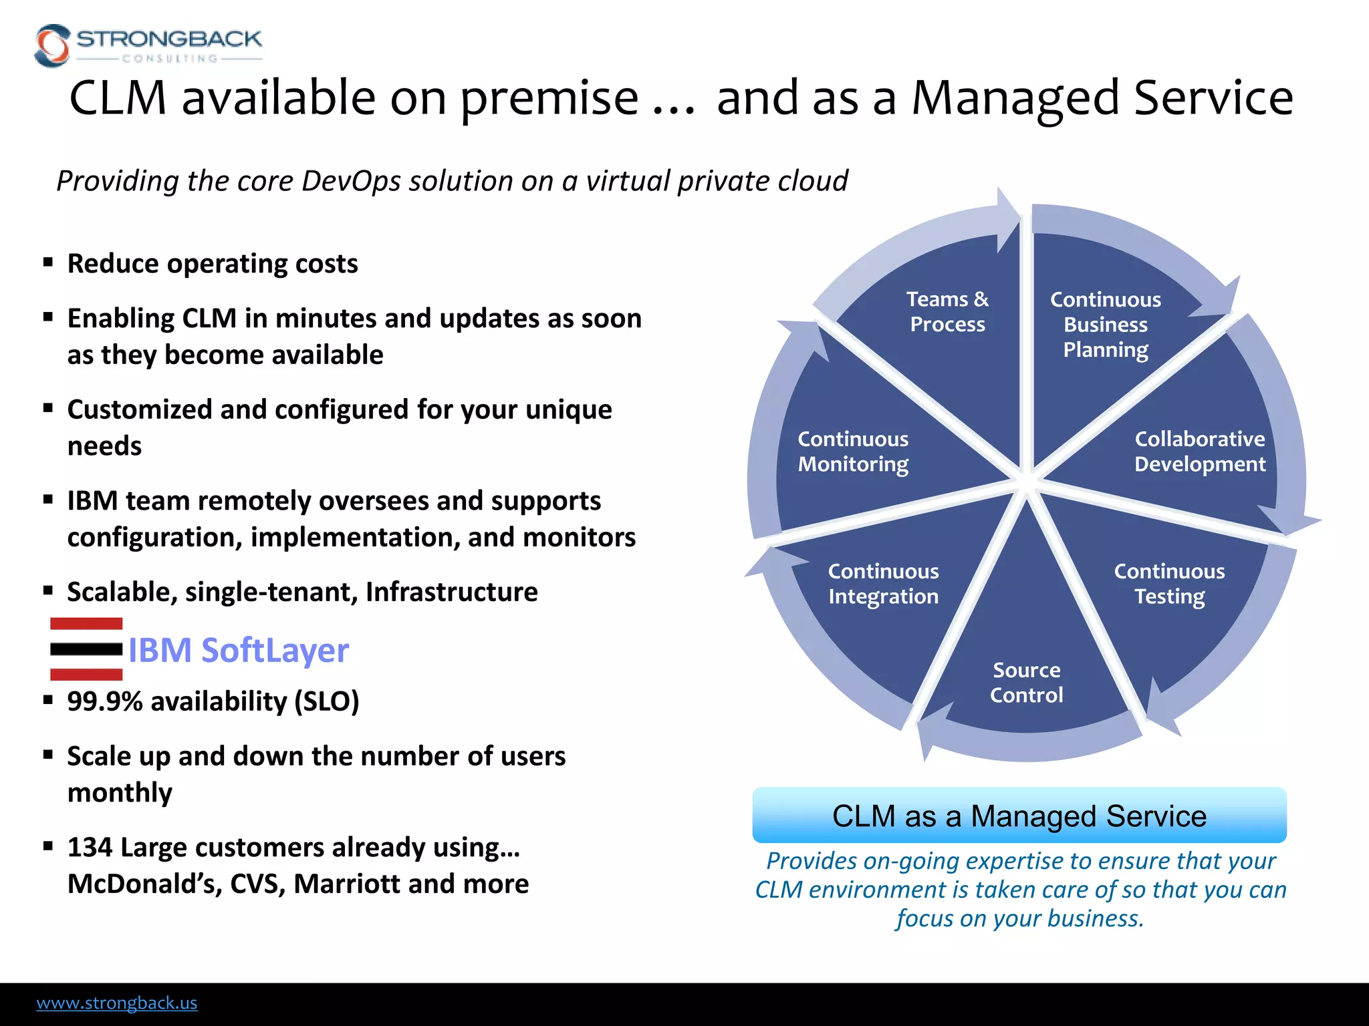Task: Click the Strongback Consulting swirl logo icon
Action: [x=52, y=45]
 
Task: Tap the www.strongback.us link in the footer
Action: [x=117, y=1003]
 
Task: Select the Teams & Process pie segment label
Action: [x=947, y=311]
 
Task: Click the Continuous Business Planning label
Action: [x=1106, y=324]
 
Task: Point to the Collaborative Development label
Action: [x=1200, y=451]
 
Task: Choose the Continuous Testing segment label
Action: [x=1169, y=583]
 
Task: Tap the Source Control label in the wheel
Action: [x=1026, y=682]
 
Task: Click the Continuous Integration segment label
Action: [x=883, y=583]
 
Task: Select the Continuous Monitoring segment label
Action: [x=853, y=451]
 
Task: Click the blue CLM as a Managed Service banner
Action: [x=1019, y=816]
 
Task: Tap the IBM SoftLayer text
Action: [x=238, y=650]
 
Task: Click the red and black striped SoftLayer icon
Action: [x=86, y=649]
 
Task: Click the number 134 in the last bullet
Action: [x=90, y=847]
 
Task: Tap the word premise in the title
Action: [x=549, y=98]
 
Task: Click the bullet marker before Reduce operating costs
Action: [x=48, y=263]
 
